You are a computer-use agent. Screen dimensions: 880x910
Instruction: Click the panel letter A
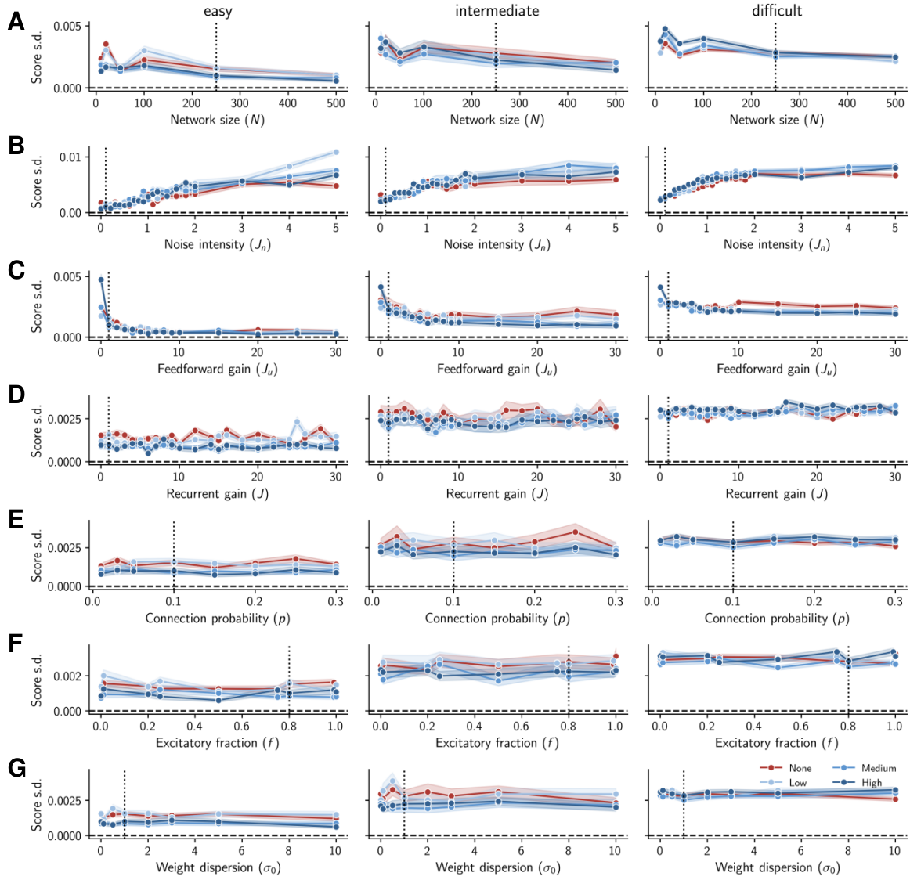(x=16, y=21)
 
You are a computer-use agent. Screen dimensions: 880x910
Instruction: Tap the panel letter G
(x=16, y=768)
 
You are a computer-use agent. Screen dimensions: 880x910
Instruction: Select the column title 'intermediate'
(x=497, y=10)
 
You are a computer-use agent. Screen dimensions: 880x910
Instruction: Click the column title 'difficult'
(x=777, y=10)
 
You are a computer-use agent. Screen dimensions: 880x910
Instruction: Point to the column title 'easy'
(x=218, y=11)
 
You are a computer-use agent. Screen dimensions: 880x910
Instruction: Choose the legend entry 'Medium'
(x=878, y=768)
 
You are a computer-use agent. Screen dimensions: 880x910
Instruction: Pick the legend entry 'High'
(x=872, y=782)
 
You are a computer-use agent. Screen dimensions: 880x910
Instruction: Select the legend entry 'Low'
(x=797, y=782)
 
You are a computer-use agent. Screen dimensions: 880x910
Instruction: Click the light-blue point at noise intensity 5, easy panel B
(x=336, y=152)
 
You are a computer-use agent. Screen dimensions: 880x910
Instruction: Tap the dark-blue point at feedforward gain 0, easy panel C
(x=101, y=280)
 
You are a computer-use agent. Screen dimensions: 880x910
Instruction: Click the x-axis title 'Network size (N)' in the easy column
(x=218, y=120)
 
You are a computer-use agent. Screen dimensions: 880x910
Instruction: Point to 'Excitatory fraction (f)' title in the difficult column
(x=777, y=742)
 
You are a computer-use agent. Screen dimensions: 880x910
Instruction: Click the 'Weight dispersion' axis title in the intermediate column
(x=497, y=867)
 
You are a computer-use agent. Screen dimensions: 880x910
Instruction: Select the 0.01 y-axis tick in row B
(x=70, y=157)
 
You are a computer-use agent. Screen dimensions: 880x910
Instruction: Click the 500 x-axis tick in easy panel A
(x=336, y=103)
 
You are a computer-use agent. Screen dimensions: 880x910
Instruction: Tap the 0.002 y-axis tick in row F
(x=68, y=676)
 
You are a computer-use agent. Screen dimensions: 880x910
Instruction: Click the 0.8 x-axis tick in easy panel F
(x=289, y=727)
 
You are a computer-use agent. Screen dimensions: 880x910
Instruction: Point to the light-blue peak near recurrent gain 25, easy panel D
(x=297, y=422)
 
